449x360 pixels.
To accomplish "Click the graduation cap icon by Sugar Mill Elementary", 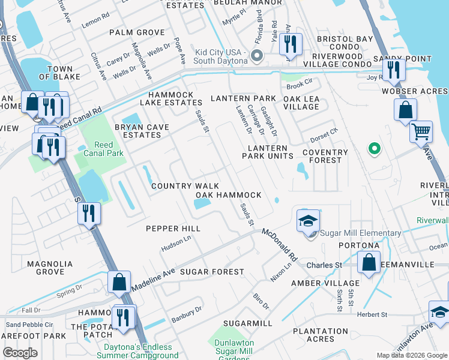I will coord(308,221).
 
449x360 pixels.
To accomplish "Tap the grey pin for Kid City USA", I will coord(257,56).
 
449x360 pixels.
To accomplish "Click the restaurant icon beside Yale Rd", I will coord(290,44).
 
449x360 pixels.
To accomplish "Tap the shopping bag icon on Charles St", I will coord(369,262).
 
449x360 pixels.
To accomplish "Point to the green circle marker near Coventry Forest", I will coord(375,148).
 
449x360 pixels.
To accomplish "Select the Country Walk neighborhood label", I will coord(185,187).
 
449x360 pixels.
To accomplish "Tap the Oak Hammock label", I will coord(229,195).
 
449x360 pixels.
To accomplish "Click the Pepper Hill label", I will coord(173,229).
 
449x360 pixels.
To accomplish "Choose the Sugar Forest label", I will coord(213,272).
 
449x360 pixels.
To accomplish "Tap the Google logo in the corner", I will coord(20,352).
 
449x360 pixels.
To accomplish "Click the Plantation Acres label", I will coord(320,335).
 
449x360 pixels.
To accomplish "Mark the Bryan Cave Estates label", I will coord(137,131).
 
